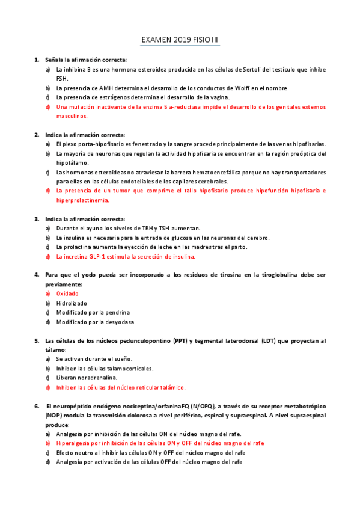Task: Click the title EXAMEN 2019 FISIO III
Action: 180,40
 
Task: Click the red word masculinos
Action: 72,116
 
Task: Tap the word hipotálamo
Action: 72,162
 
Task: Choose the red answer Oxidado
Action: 68,293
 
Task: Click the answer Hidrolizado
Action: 72,303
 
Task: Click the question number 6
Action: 36,406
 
